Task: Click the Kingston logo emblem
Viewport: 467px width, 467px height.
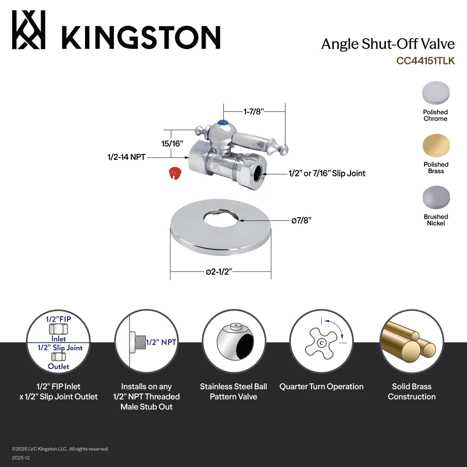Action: (29, 30)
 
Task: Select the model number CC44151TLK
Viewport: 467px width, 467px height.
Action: (425, 61)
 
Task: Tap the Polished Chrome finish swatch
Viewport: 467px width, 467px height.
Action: (436, 92)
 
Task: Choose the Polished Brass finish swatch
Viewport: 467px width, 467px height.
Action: (436, 146)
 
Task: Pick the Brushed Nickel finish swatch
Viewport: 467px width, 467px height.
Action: (436, 197)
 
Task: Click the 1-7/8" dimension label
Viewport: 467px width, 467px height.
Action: (253, 112)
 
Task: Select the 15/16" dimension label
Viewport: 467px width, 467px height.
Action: (172, 144)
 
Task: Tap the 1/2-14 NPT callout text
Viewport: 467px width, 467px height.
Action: (126, 157)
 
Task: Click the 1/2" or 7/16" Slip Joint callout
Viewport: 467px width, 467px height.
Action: (327, 174)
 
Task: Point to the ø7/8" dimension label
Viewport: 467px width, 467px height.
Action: (301, 221)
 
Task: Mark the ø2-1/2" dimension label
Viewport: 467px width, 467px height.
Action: (219, 272)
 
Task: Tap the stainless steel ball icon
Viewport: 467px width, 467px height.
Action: (235, 342)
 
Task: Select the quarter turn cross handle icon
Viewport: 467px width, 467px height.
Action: (321, 342)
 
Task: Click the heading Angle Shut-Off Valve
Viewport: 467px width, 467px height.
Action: (388, 44)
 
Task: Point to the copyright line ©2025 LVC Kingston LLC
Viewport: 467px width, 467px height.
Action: (60, 449)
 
